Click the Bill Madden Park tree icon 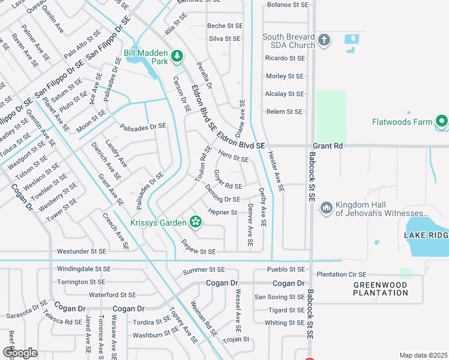click(x=177, y=56)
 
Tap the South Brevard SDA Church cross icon click(x=324, y=40)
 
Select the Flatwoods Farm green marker click(x=442, y=122)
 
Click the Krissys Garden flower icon click(x=195, y=223)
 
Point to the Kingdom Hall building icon click(x=327, y=208)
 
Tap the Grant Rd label click(x=327, y=146)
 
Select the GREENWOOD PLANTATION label click(x=380, y=289)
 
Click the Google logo click(x=20, y=352)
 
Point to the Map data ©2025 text click(x=423, y=355)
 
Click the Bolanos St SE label click(x=287, y=5)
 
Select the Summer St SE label click(x=203, y=271)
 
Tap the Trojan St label click(x=236, y=339)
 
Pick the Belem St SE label click(x=284, y=112)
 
